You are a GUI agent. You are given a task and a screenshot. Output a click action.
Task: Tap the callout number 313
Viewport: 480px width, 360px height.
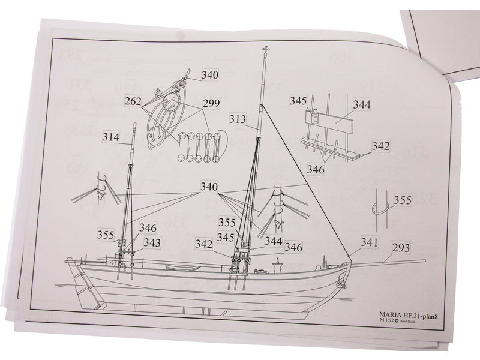click(238, 119)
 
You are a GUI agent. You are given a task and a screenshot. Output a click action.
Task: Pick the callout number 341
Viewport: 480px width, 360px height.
click(370, 242)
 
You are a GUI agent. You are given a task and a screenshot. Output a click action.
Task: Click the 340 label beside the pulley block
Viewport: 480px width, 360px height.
click(211, 76)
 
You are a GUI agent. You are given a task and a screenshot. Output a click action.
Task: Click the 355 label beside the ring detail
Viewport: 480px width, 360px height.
click(403, 200)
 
